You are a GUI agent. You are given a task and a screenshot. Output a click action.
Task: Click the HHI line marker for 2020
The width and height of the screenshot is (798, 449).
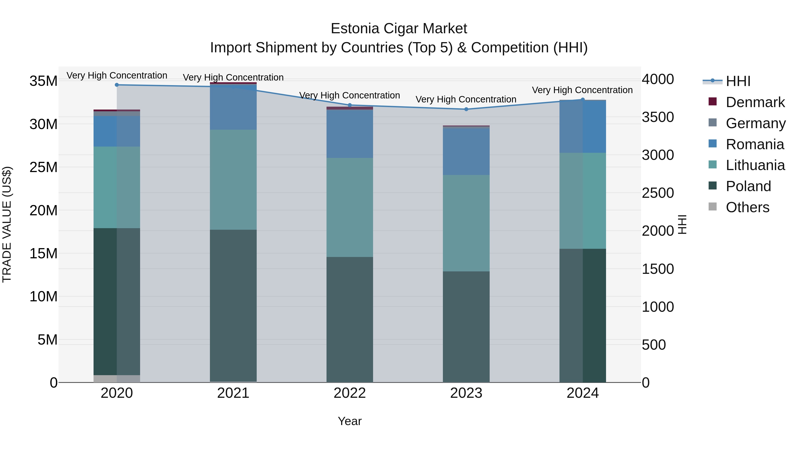pyautogui.click(x=117, y=85)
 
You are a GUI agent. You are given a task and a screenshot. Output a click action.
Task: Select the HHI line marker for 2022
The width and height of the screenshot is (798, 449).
pyautogui.click(x=350, y=105)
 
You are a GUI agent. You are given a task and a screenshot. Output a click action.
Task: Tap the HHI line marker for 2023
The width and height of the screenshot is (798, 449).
pyautogui.click(x=466, y=109)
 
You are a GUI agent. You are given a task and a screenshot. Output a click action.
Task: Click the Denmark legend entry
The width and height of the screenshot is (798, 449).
pyautogui.click(x=755, y=102)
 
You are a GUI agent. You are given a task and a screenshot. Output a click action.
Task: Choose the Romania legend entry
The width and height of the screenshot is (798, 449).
pyautogui.click(x=755, y=144)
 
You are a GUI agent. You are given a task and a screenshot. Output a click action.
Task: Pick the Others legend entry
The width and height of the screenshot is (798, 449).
pyautogui.click(x=747, y=207)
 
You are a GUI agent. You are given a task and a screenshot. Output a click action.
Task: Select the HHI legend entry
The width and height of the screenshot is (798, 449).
pyautogui.click(x=738, y=81)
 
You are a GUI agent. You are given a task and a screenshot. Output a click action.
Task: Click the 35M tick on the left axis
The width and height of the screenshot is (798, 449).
pyautogui.click(x=43, y=81)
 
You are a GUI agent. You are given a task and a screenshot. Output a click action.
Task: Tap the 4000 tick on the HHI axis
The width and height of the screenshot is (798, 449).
pyautogui.click(x=658, y=79)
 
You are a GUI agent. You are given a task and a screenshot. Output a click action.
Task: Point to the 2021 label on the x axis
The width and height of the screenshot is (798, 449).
pyautogui.click(x=233, y=393)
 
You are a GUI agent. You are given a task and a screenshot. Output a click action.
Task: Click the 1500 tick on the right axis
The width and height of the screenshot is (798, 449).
pyautogui.click(x=658, y=269)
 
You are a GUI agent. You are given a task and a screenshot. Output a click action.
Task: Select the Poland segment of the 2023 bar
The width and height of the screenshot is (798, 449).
pyautogui.click(x=466, y=327)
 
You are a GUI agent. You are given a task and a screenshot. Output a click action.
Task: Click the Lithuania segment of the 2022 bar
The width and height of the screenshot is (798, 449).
pyautogui.click(x=350, y=208)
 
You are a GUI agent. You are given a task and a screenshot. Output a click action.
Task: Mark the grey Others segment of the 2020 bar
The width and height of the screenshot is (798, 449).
pyautogui.click(x=117, y=379)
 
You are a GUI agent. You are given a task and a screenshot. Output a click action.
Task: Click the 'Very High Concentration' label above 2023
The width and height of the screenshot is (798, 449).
pyautogui.click(x=466, y=100)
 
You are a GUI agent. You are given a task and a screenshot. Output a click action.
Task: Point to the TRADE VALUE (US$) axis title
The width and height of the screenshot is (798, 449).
pyautogui.click(x=7, y=224)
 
